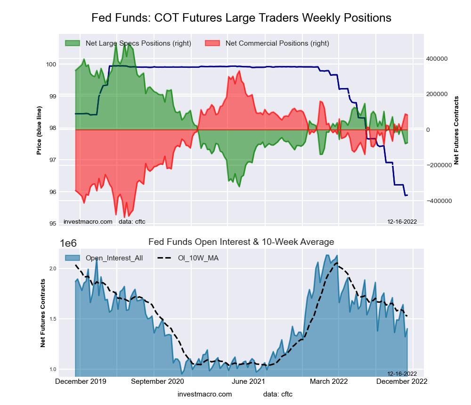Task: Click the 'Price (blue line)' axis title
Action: pyautogui.click(x=40, y=130)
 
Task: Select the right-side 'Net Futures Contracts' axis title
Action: pyautogui.click(x=456, y=130)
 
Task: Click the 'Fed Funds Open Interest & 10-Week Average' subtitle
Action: pyautogui.click(x=241, y=242)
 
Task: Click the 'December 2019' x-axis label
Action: pyautogui.click(x=81, y=381)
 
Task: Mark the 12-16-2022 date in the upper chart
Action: pyautogui.click(x=402, y=221)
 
